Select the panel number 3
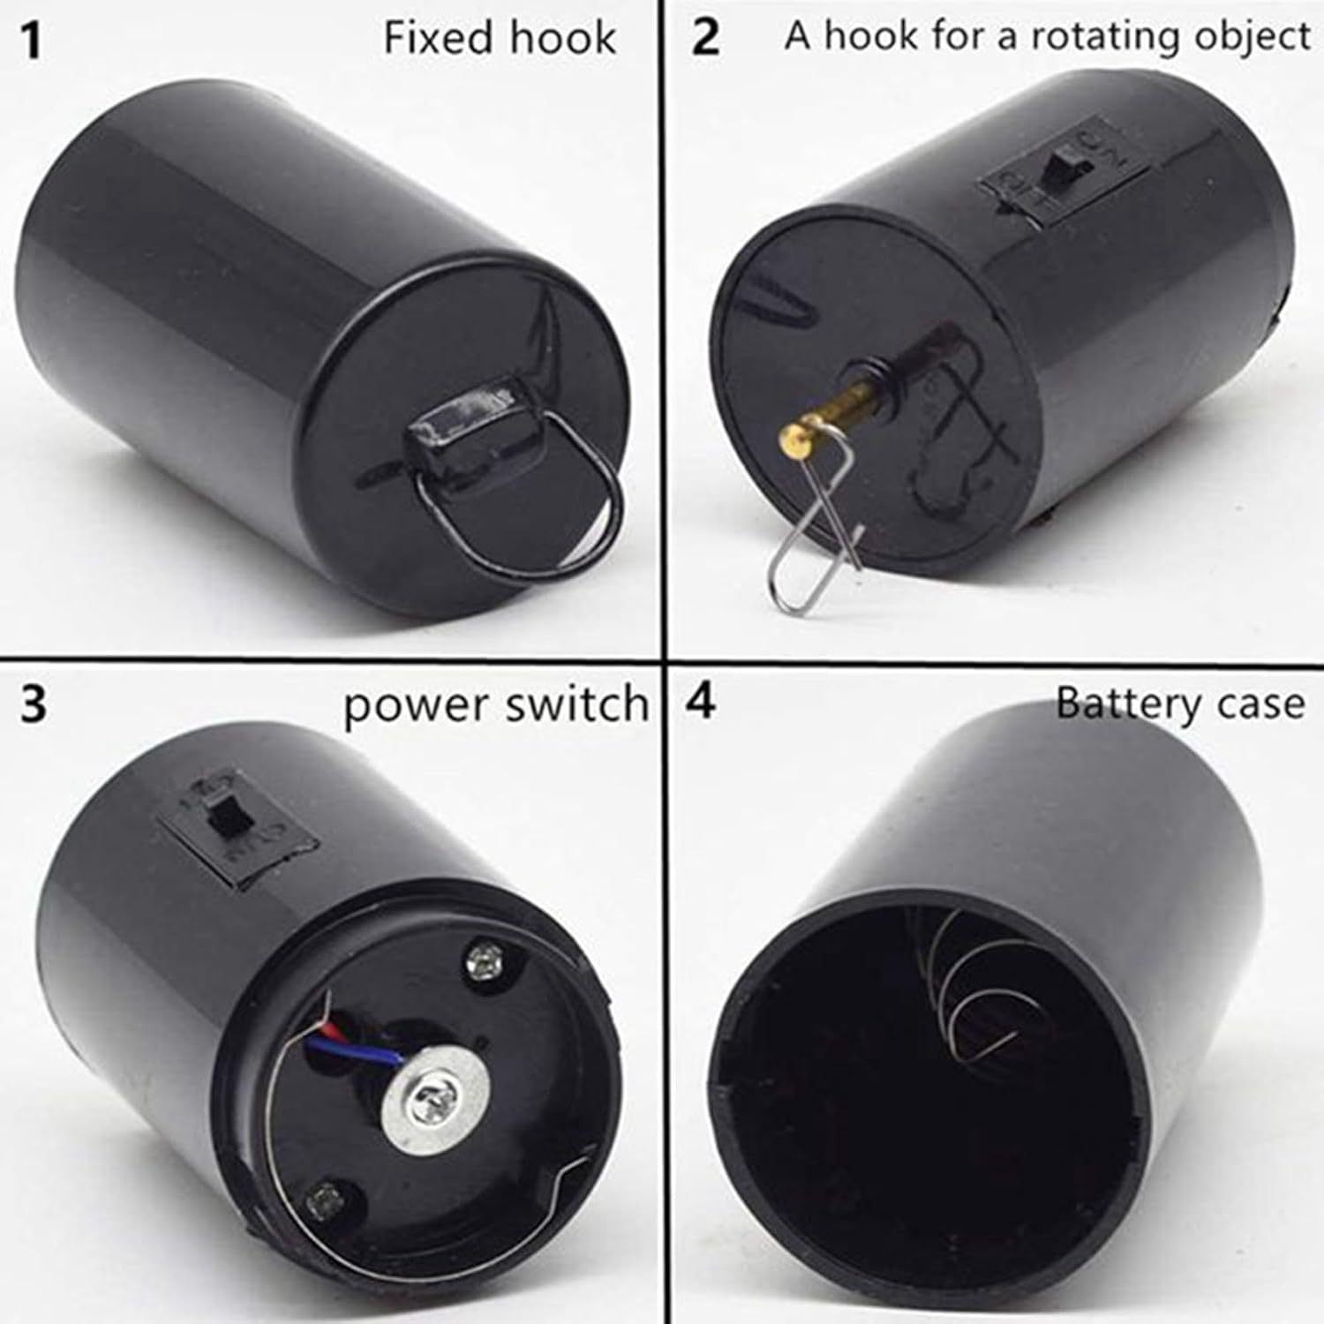[34, 704]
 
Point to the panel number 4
[701, 703]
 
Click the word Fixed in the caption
[437, 38]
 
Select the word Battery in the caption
[1128, 703]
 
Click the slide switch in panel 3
[226, 816]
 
